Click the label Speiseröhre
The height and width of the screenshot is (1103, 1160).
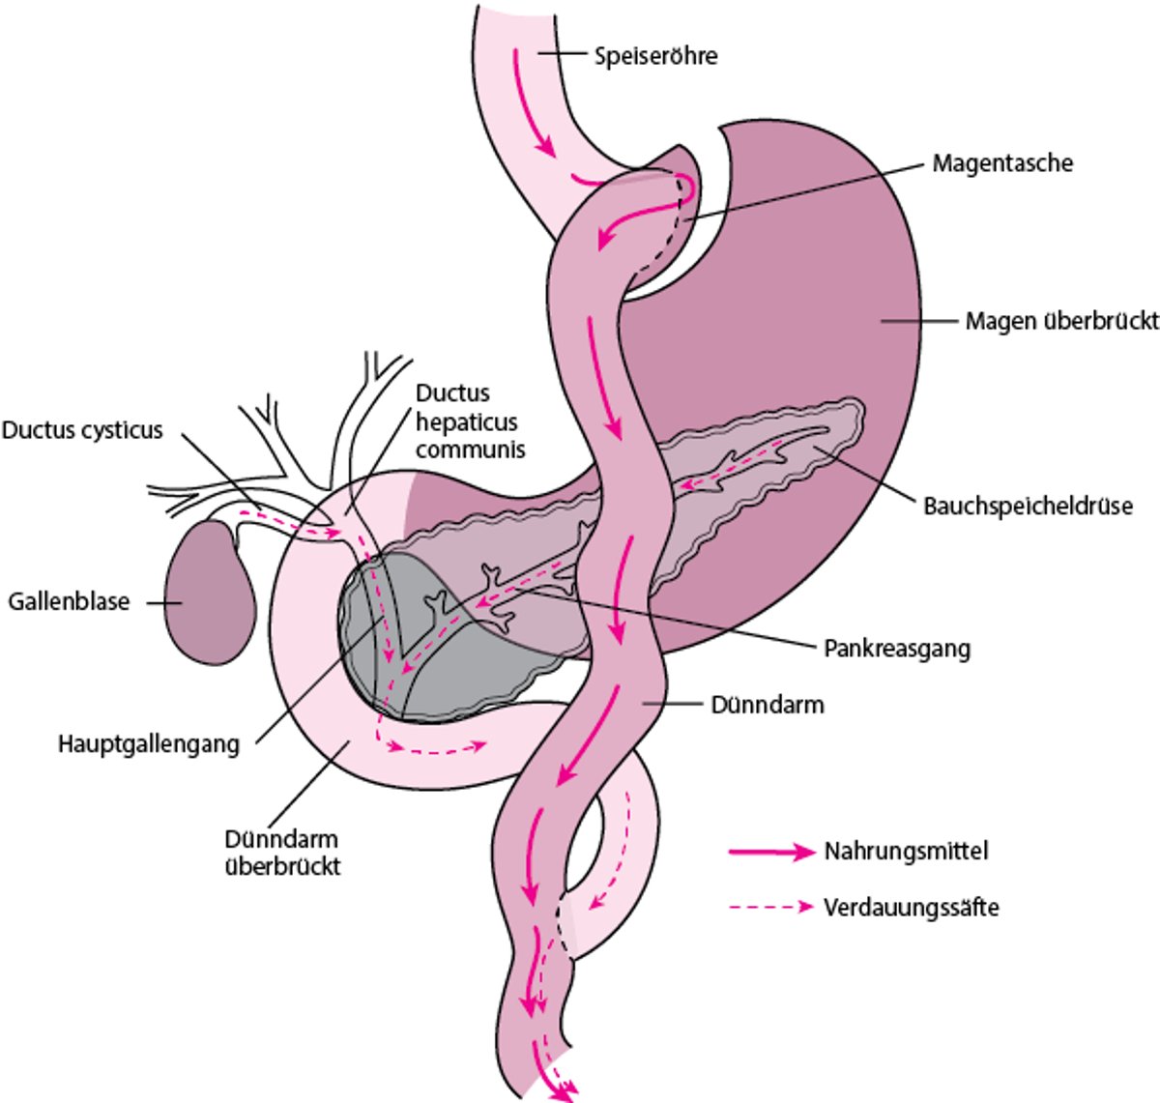[x=655, y=56]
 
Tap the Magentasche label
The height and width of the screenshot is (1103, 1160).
[x=1001, y=162]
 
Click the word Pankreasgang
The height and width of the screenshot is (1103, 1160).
[x=896, y=648]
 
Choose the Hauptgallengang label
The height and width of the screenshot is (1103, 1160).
[x=149, y=743]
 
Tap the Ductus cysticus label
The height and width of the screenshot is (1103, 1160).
[x=82, y=429]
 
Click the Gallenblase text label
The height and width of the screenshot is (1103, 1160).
[x=69, y=601]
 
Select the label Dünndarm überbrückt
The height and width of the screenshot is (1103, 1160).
[x=282, y=852]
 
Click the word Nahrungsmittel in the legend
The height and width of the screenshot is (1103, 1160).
[x=906, y=852]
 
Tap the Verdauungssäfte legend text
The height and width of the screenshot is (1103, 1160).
[x=911, y=908]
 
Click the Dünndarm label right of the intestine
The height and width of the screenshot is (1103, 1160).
[x=768, y=704]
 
